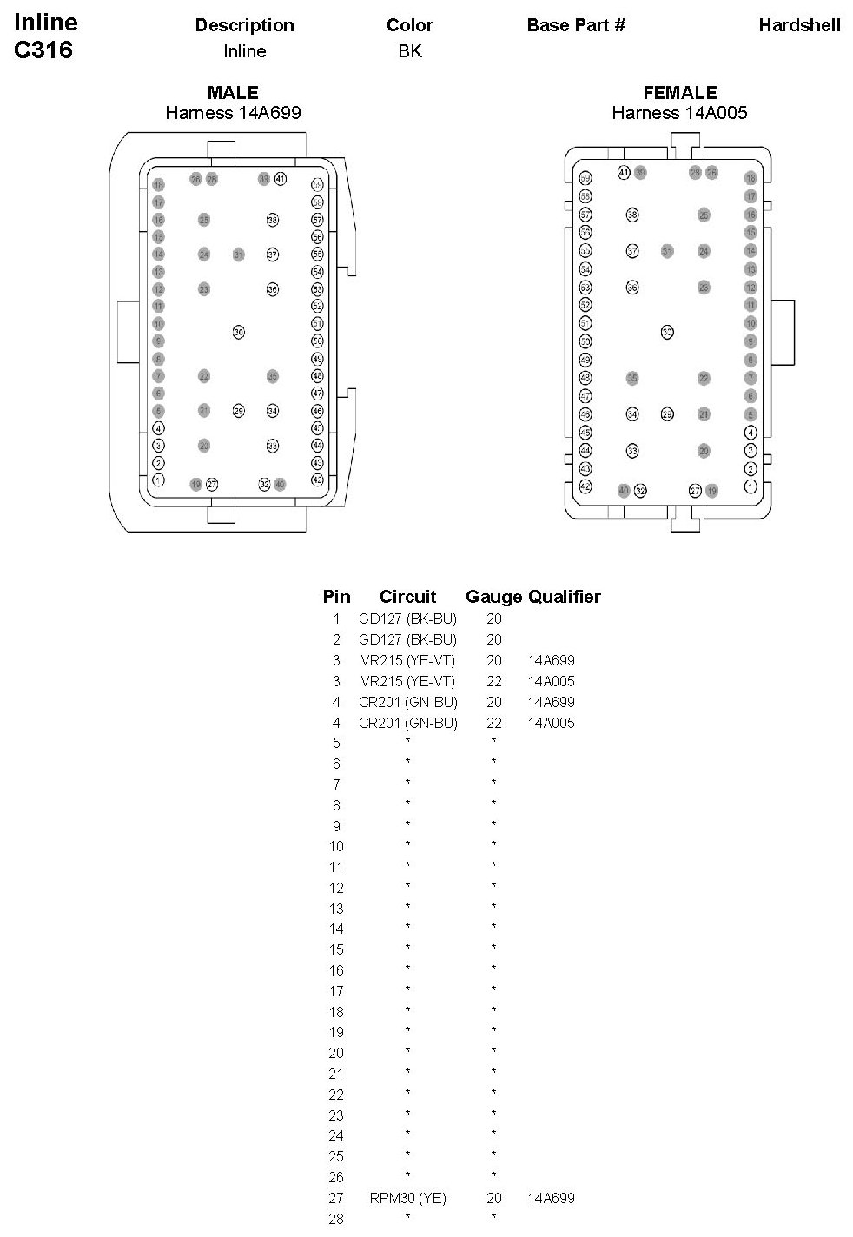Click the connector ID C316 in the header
coord(43,50)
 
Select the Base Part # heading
coord(576,25)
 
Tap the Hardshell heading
coord(799,25)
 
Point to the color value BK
coord(410,51)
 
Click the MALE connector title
coord(233,93)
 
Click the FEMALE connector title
coord(679,93)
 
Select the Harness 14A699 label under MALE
coord(233,113)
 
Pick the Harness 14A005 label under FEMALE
coord(679,113)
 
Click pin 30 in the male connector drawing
coord(239,332)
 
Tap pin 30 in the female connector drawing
coord(667,332)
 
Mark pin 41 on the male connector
coord(280,178)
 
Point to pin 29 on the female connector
coord(667,414)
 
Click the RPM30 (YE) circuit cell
coord(407,1198)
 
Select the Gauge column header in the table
coord(493,597)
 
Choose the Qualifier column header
coord(565,597)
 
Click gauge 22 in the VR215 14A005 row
coord(493,681)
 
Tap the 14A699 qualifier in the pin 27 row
coord(551,1198)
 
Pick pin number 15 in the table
coord(336,949)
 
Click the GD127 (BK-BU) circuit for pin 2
coord(407,639)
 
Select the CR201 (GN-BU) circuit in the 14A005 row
coord(407,723)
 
